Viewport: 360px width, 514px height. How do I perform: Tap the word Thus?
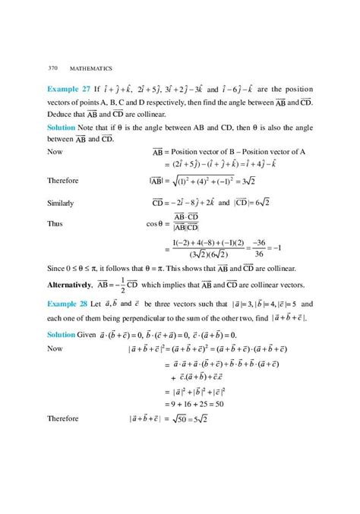tap(54, 225)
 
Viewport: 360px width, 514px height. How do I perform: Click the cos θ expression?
tap(155, 225)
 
